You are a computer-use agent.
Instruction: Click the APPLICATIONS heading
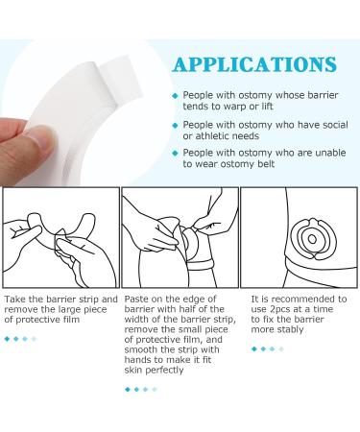[254, 64]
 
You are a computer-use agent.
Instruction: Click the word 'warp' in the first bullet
[235, 107]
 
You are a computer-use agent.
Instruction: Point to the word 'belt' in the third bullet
[266, 164]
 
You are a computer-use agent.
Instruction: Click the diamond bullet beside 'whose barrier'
[175, 96]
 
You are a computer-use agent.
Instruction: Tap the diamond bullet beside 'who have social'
[175, 125]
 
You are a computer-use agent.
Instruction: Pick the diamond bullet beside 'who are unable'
[175, 154]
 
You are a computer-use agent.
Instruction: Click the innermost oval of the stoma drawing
[312, 239]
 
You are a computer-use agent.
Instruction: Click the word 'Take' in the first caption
[14, 300]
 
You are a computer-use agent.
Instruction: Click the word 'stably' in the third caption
[290, 329]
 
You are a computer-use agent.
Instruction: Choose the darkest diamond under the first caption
[8, 339]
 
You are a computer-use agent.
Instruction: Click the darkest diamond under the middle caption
[128, 390]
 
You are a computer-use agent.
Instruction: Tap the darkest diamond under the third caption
[254, 348]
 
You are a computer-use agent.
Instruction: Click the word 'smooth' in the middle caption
[139, 349]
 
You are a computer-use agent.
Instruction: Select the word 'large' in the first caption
[69, 310]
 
